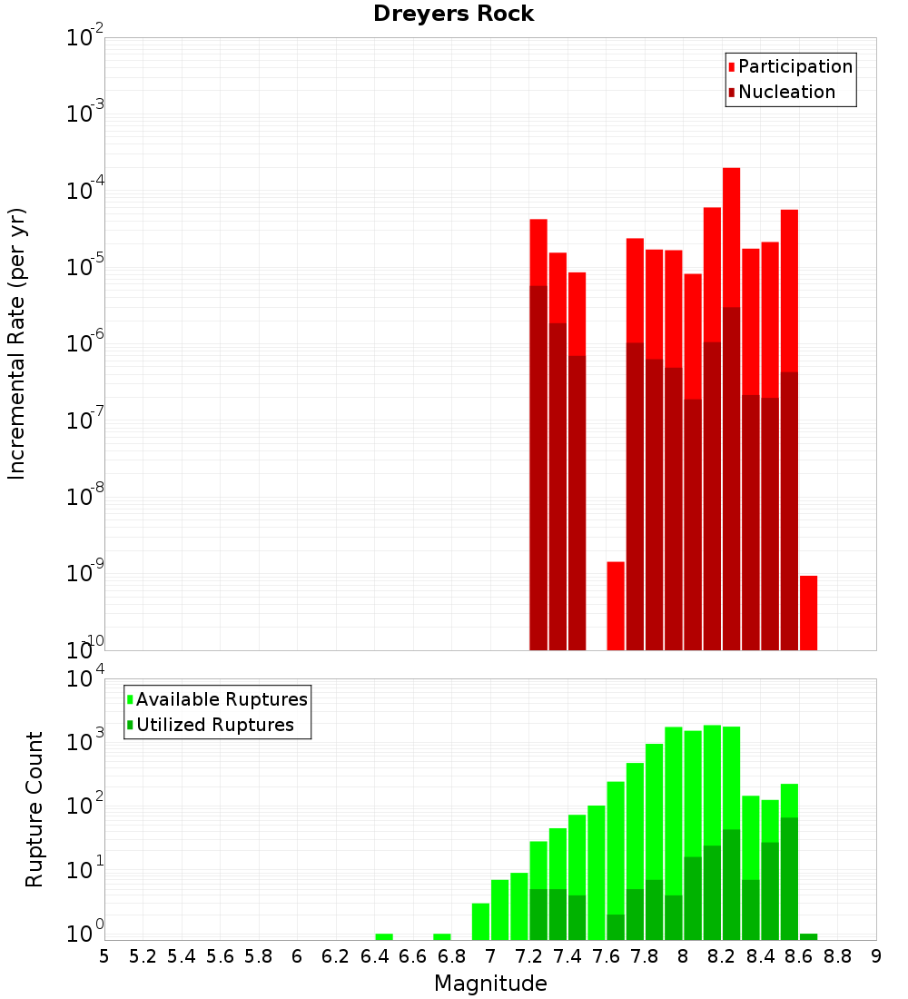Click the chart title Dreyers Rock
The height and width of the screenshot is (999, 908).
(x=453, y=15)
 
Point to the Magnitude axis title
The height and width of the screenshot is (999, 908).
(x=490, y=984)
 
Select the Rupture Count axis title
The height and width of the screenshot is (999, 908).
(x=35, y=809)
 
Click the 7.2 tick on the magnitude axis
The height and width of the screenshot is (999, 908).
(x=529, y=956)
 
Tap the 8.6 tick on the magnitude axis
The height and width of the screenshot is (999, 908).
(x=799, y=956)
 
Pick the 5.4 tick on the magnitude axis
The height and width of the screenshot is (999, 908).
(x=182, y=956)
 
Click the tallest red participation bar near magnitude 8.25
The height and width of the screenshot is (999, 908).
(x=732, y=236)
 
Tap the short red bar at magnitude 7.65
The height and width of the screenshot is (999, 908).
(x=616, y=606)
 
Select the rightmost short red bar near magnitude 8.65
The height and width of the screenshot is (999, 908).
(x=809, y=613)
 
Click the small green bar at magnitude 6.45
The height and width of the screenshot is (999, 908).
(x=384, y=936)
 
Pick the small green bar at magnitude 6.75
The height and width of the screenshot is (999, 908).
(x=442, y=936)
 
